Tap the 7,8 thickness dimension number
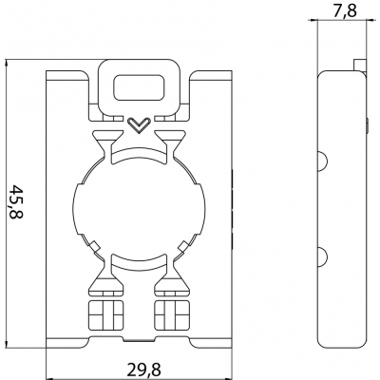click(x=339, y=10)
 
